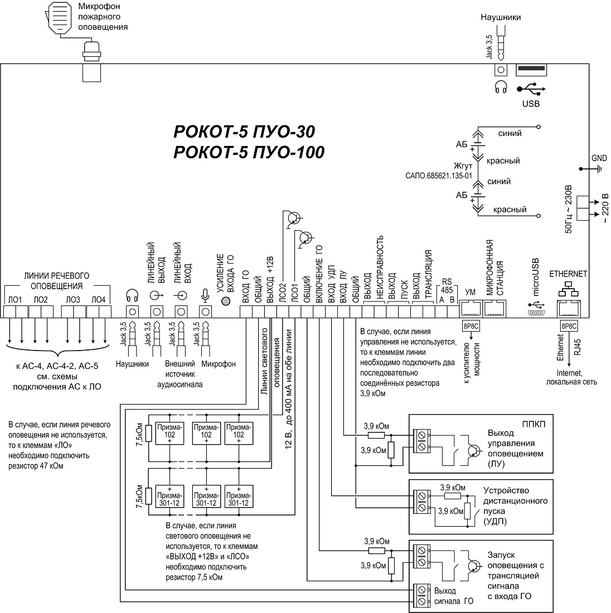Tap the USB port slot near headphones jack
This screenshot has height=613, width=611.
coord(532,69)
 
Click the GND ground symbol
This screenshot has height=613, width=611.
coord(600,167)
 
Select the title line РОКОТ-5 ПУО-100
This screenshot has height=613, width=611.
coord(249,152)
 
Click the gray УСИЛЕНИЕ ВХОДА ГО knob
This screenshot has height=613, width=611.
coord(226,301)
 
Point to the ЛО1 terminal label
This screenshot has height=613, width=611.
coord(16,300)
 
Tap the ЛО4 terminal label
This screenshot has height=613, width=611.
coord(98,300)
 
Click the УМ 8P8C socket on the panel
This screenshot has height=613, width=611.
coord(471,308)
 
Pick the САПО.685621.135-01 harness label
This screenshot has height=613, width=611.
coord(439,174)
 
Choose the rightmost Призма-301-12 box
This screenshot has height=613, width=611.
coord(239,495)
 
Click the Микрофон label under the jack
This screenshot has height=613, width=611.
coord(218,364)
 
